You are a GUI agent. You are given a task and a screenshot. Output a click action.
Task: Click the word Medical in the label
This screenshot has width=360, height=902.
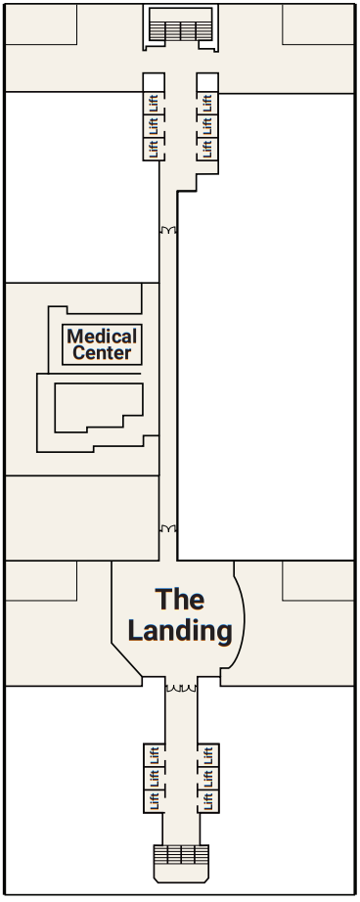click(102, 337)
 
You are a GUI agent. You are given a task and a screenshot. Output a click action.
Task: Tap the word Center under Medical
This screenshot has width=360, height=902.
click(102, 353)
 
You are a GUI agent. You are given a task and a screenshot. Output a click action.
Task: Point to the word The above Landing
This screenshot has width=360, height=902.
click(180, 599)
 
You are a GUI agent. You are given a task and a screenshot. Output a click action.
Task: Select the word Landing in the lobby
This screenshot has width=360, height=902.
click(180, 631)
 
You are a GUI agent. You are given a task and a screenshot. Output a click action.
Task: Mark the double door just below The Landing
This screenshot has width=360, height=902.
click(180, 688)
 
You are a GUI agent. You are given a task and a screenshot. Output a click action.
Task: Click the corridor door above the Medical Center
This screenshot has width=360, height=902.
click(168, 231)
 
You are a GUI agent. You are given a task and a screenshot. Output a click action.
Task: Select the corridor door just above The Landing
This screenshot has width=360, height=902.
click(168, 528)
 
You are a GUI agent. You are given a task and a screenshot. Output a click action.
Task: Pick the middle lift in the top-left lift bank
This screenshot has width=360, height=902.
click(153, 125)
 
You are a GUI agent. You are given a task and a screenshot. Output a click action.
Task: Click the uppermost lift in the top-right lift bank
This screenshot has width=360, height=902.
click(206, 102)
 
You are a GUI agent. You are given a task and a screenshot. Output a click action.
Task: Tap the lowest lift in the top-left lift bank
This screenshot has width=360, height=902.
click(153, 149)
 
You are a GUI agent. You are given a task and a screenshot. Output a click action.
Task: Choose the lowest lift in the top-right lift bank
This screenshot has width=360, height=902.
click(206, 149)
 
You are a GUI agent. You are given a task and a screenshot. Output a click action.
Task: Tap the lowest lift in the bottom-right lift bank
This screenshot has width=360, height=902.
click(207, 801)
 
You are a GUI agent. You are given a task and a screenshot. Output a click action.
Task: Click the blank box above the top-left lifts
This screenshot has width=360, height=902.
click(153, 80)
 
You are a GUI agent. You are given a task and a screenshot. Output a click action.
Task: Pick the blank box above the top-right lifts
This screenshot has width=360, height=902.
click(206, 80)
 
